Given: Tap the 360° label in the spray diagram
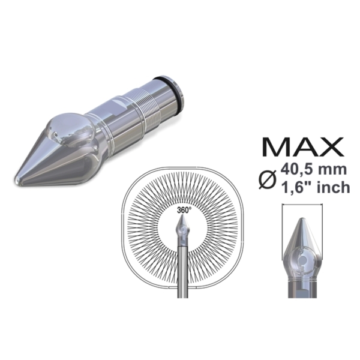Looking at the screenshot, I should pos(184,211).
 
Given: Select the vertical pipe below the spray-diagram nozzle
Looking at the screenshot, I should pos(184,270).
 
